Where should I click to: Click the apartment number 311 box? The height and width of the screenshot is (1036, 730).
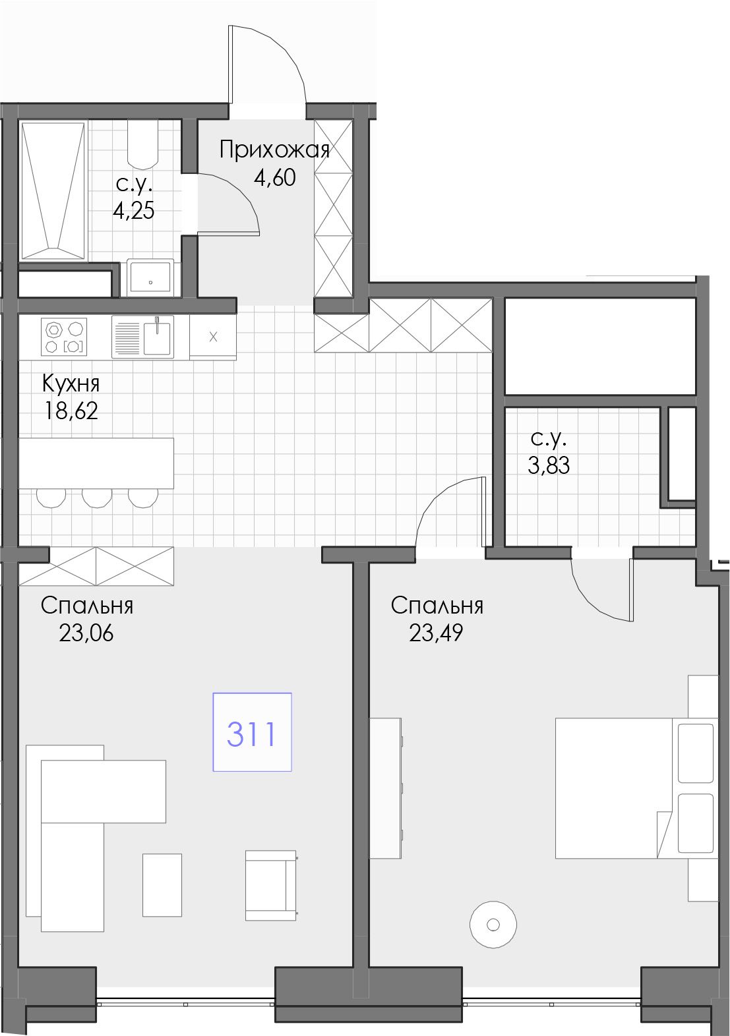tap(252, 732)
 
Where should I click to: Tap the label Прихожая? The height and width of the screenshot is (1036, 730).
tap(274, 150)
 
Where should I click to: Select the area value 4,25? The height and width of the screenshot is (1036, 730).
tap(133, 211)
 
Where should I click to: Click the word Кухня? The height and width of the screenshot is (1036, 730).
tap(71, 384)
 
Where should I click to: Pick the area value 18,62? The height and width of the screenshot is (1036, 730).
tap(71, 410)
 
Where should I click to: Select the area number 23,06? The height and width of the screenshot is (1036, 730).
tap(86, 633)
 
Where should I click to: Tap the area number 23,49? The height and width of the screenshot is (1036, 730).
tap(436, 633)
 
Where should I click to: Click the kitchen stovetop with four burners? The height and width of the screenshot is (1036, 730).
tap(64, 337)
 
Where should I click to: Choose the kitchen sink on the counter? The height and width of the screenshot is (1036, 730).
tap(142, 337)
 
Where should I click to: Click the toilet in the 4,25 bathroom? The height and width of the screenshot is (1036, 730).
tap(143, 145)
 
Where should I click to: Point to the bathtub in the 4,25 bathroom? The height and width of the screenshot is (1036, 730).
tap(53, 190)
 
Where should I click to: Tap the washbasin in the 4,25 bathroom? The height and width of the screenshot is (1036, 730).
tap(150, 277)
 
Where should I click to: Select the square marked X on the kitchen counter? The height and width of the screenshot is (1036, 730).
tap(213, 337)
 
